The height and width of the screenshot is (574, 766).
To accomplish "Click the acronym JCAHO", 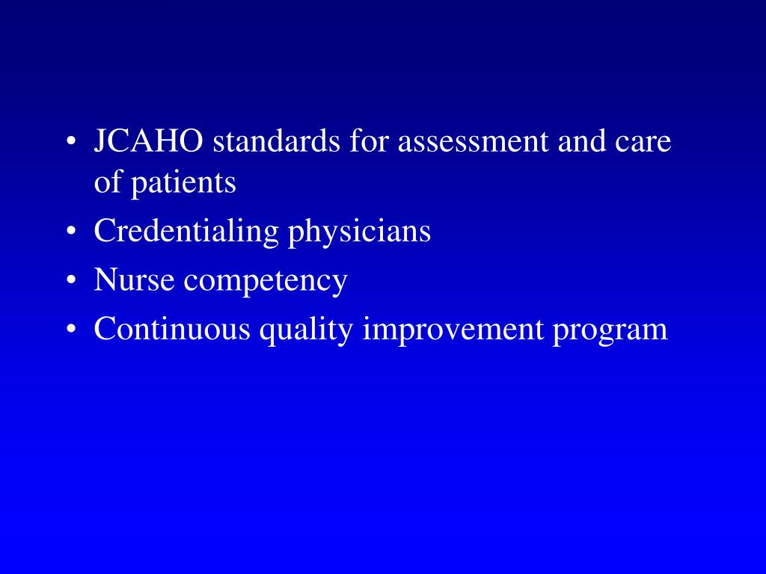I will pyautogui.click(x=148, y=141).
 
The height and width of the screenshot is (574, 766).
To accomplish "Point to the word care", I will pyautogui.click(x=646, y=143).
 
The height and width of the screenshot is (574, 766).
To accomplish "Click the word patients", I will pyautogui.click(x=184, y=183).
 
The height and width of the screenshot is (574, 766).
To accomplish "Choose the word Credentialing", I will pyautogui.click(x=186, y=232).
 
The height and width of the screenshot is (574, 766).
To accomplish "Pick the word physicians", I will pyautogui.click(x=360, y=232).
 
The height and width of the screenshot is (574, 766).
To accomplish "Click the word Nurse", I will pyautogui.click(x=135, y=280).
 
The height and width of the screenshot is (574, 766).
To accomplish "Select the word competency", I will pyautogui.click(x=266, y=282).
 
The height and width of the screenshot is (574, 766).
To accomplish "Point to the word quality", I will pyautogui.click(x=306, y=330).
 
